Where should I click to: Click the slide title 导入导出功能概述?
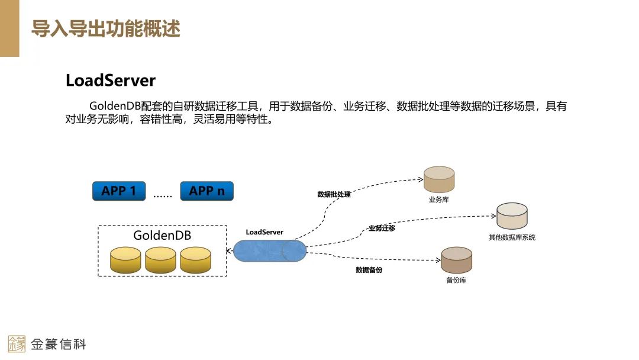tap(105, 28)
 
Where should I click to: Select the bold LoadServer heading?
tap(111, 81)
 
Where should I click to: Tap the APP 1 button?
tap(119, 191)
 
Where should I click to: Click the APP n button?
tap(206, 191)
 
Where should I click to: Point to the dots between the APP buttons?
tap(163, 195)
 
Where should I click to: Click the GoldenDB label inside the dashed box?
tap(162, 235)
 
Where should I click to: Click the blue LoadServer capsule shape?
tap(269, 251)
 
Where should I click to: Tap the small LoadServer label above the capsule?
tap(264, 232)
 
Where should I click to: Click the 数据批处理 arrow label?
tap(334, 194)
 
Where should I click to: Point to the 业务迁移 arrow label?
tap(382, 228)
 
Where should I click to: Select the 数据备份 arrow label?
tap(369, 270)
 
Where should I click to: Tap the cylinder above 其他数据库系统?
tap(512, 217)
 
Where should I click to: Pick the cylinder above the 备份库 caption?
tap(457, 260)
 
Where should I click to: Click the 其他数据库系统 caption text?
tap(512, 237)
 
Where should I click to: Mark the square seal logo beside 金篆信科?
tap(17, 344)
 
